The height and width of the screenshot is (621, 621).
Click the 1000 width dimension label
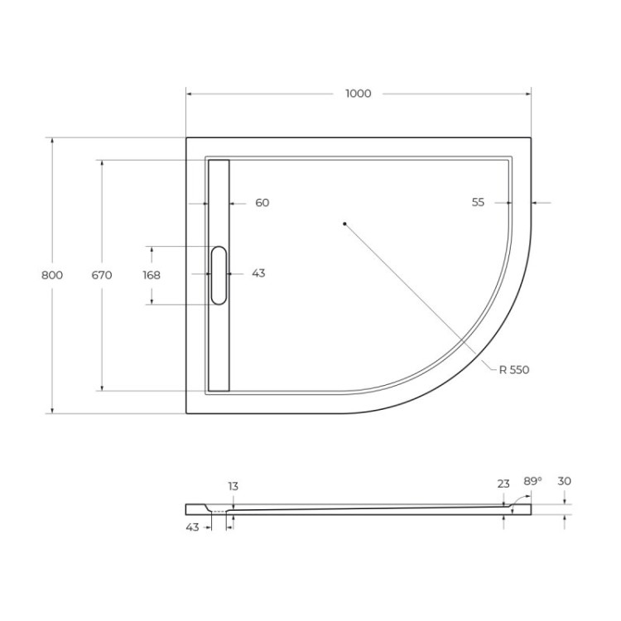coord(358,94)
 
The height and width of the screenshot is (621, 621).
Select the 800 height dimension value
coord(52,275)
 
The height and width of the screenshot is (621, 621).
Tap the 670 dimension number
coord(102,275)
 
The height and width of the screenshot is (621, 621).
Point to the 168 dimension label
coord(152,275)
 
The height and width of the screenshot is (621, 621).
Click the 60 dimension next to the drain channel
coord(262,203)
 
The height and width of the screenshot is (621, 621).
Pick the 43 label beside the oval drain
coord(258,273)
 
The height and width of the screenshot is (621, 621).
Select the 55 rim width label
coord(478,203)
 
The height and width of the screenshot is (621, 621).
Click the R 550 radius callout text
coord(513,370)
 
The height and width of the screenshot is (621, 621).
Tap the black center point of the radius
coord(344,223)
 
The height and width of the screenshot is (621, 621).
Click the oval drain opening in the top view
coord(219,274)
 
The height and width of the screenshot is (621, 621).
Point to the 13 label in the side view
coord(233,486)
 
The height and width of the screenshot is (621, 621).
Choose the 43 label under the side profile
coord(192,527)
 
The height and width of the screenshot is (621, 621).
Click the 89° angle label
coord(532,481)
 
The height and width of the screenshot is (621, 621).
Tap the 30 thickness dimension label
coord(565,481)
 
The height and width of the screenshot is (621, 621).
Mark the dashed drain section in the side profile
coord(219,512)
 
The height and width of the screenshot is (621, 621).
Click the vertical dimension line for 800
coord(52,348)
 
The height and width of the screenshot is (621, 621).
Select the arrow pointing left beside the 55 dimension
coord(537,203)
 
